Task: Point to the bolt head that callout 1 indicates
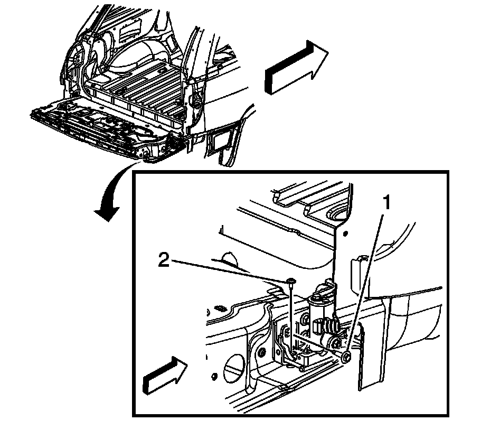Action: (345, 358)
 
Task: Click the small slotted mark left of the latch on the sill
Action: (221, 307)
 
